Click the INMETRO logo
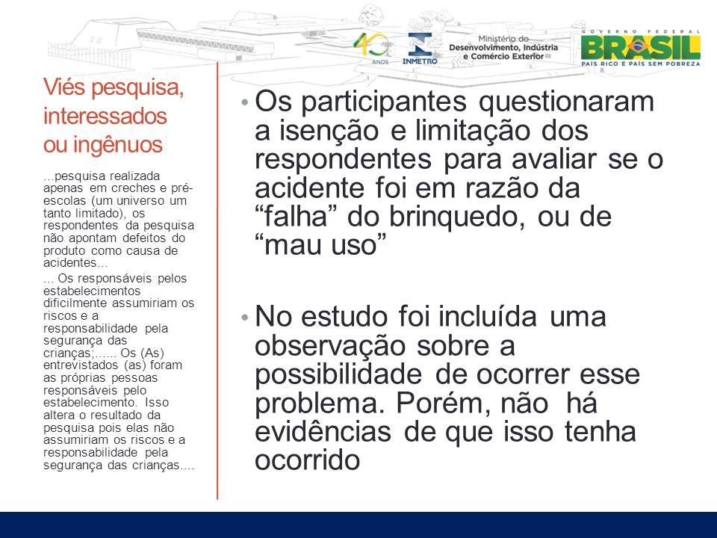point(419,48)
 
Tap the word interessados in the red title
point(105,116)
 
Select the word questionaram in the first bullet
point(566,102)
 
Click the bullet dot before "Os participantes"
point(245,102)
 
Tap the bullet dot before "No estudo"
point(245,317)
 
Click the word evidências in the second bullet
point(323,432)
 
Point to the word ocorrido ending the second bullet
point(307,460)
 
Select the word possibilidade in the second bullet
point(338,374)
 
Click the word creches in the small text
point(133,188)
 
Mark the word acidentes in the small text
point(70,263)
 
